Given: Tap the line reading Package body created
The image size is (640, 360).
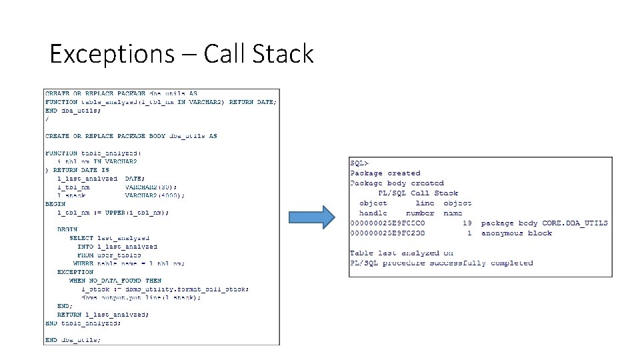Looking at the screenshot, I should pos(397,183).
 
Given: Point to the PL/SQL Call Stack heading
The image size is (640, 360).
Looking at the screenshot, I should pos(418,193).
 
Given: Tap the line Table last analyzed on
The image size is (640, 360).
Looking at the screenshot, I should pos(401,253).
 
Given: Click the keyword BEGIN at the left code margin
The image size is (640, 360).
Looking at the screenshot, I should pos(55,203).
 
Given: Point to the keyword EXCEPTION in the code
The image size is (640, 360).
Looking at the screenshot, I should pos(75,272).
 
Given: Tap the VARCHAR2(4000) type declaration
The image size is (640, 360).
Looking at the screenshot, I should pos(155,195).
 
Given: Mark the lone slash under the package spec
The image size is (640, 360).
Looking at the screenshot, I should pos(47,119).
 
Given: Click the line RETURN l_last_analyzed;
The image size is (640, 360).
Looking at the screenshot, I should pos(103,314).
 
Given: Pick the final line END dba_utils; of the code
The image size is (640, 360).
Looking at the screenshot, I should pos(73,339).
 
